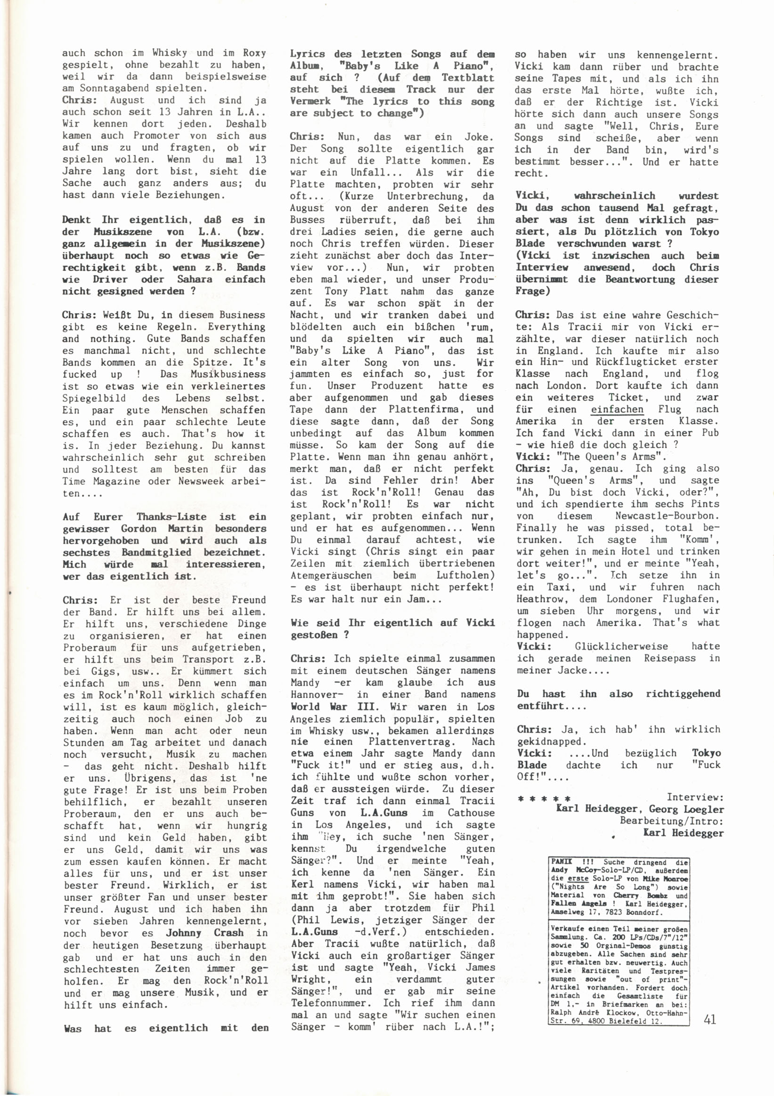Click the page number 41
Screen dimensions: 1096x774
[710, 1019]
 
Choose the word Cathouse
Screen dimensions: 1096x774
[471, 813]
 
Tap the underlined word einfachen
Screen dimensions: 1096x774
[617, 409]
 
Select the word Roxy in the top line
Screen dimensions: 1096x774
[254, 53]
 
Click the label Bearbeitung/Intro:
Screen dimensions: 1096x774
[671, 821]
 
